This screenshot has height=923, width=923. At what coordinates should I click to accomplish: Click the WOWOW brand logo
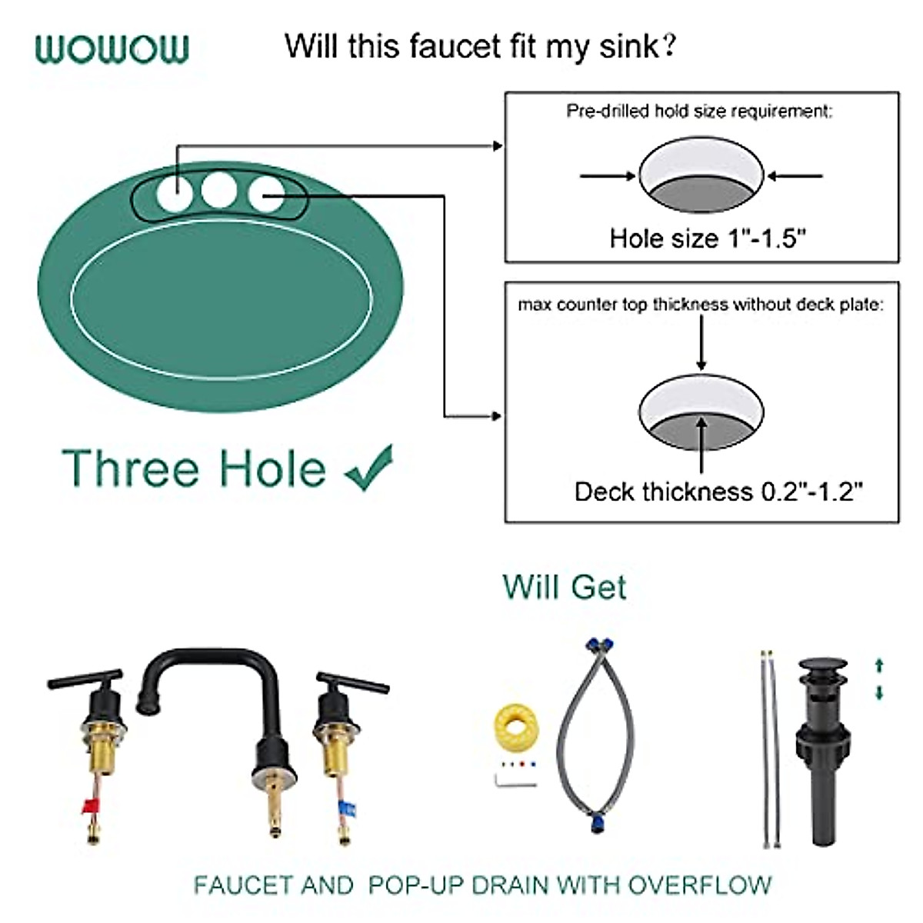coord(112,48)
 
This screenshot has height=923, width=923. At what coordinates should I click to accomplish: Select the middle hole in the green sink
coord(219,189)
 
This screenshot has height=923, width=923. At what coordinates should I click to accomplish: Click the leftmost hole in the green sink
coord(174,192)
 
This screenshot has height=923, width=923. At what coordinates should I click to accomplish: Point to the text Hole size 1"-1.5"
coord(708,238)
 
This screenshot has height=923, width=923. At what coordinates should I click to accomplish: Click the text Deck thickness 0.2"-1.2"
coord(718,491)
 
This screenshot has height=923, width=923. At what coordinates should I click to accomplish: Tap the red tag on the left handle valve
coord(90,807)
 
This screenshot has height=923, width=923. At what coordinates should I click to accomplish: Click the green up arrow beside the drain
coord(879,665)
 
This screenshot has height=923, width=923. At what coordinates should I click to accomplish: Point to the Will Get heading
coord(565,588)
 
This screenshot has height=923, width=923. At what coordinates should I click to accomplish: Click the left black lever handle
coord(85,681)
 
